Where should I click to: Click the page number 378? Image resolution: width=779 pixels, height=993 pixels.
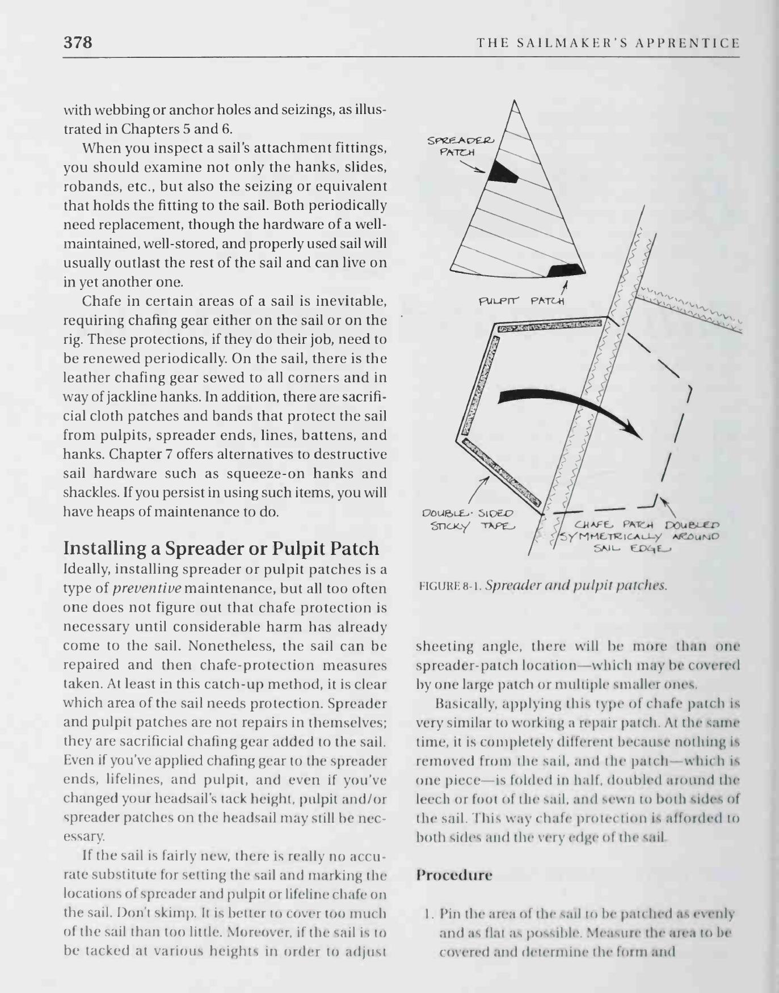(x=78, y=43)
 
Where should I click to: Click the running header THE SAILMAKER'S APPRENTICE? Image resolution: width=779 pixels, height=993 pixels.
(x=608, y=43)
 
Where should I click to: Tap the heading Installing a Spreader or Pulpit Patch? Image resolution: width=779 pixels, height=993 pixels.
(x=221, y=548)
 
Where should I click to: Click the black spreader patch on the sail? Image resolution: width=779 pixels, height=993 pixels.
(x=504, y=172)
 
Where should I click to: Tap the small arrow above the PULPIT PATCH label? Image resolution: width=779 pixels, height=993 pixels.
(x=565, y=285)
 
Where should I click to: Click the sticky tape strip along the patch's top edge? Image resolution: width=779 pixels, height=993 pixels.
(x=549, y=326)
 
